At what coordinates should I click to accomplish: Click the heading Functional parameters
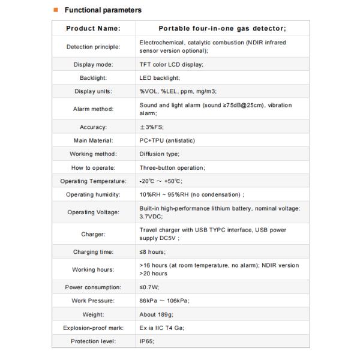(x=103, y=10)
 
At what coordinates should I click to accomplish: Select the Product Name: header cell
(x=93, y=28)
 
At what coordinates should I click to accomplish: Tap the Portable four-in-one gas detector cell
(x=222, y=28)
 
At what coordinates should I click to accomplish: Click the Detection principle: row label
(x=93, y=46)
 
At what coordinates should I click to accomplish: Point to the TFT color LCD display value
(x=172, y=64)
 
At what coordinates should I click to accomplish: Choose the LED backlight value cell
(x=160, y=78)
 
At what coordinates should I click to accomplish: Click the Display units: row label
(x=93, y=91)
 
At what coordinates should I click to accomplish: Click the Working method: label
(x=93, y=154)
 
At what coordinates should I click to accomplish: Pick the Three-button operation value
(x=172, y=168)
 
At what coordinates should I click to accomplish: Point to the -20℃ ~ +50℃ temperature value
(x=161, y=181)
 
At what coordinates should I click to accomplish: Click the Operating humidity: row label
(x=93, y=194)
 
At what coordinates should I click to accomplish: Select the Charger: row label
(x=93, y=234)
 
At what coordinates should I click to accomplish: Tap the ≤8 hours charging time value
(x=152, y=252)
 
